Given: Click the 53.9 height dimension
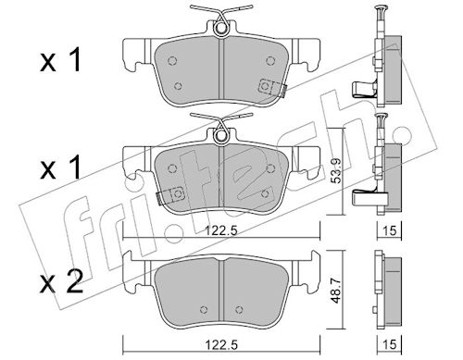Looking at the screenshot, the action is [337, 170].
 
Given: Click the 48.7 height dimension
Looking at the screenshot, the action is [337, 290].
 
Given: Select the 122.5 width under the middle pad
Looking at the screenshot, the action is [222, 230].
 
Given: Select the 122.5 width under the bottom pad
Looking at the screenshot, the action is [222, 344].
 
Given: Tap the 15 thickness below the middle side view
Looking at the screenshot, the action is [389, 230].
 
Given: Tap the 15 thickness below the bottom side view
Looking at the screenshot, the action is [389, 344].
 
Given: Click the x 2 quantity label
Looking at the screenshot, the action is [61, 281].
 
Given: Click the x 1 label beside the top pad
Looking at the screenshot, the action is [60, 60].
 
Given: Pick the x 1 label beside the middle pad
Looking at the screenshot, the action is [60, 168].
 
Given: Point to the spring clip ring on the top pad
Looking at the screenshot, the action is [220, 28].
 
